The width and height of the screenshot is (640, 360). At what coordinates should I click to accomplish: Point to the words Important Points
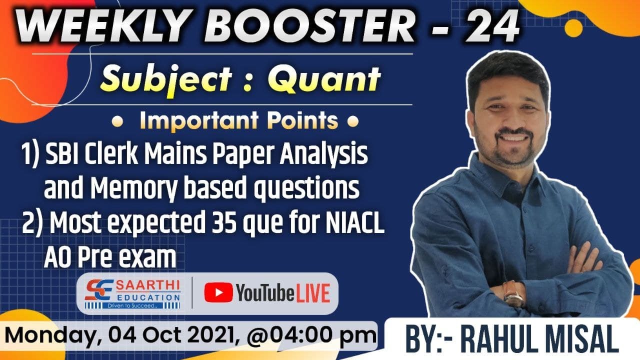[x=239, y=121]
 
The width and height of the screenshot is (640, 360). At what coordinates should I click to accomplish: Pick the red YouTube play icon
[x=218, y=293]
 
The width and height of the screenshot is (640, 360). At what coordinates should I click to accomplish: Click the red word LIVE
[x=312, y=293]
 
